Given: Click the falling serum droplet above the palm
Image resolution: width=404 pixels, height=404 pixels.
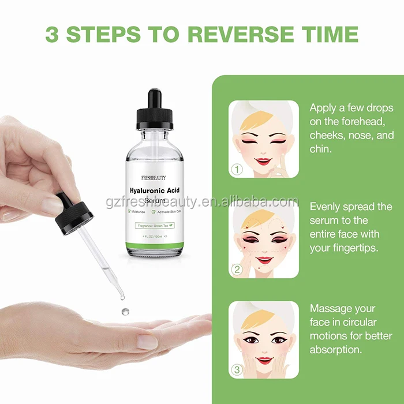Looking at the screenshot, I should point(124,312).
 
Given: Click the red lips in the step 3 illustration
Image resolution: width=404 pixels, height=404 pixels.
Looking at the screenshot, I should point(264,360).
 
